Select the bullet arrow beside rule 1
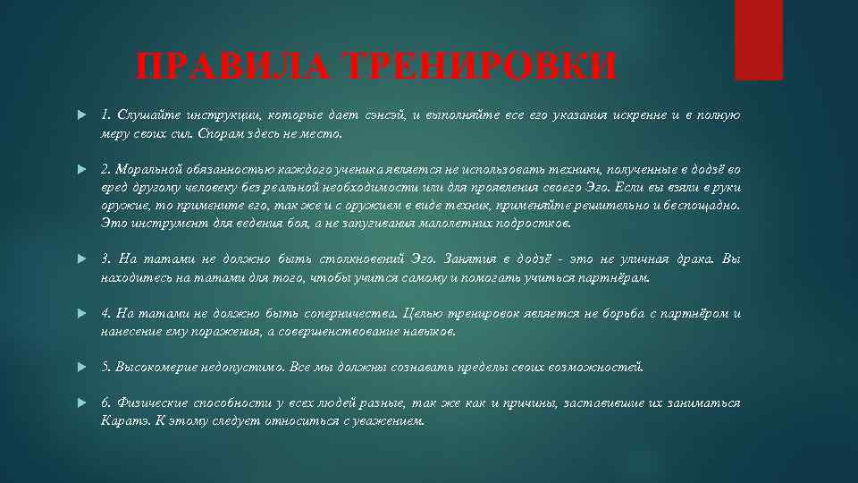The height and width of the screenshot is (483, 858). [81, 115]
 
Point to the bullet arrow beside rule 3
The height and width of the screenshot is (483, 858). [81, 259]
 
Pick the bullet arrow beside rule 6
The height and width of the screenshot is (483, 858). [81, 403]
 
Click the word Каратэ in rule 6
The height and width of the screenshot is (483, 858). [122, 420]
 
